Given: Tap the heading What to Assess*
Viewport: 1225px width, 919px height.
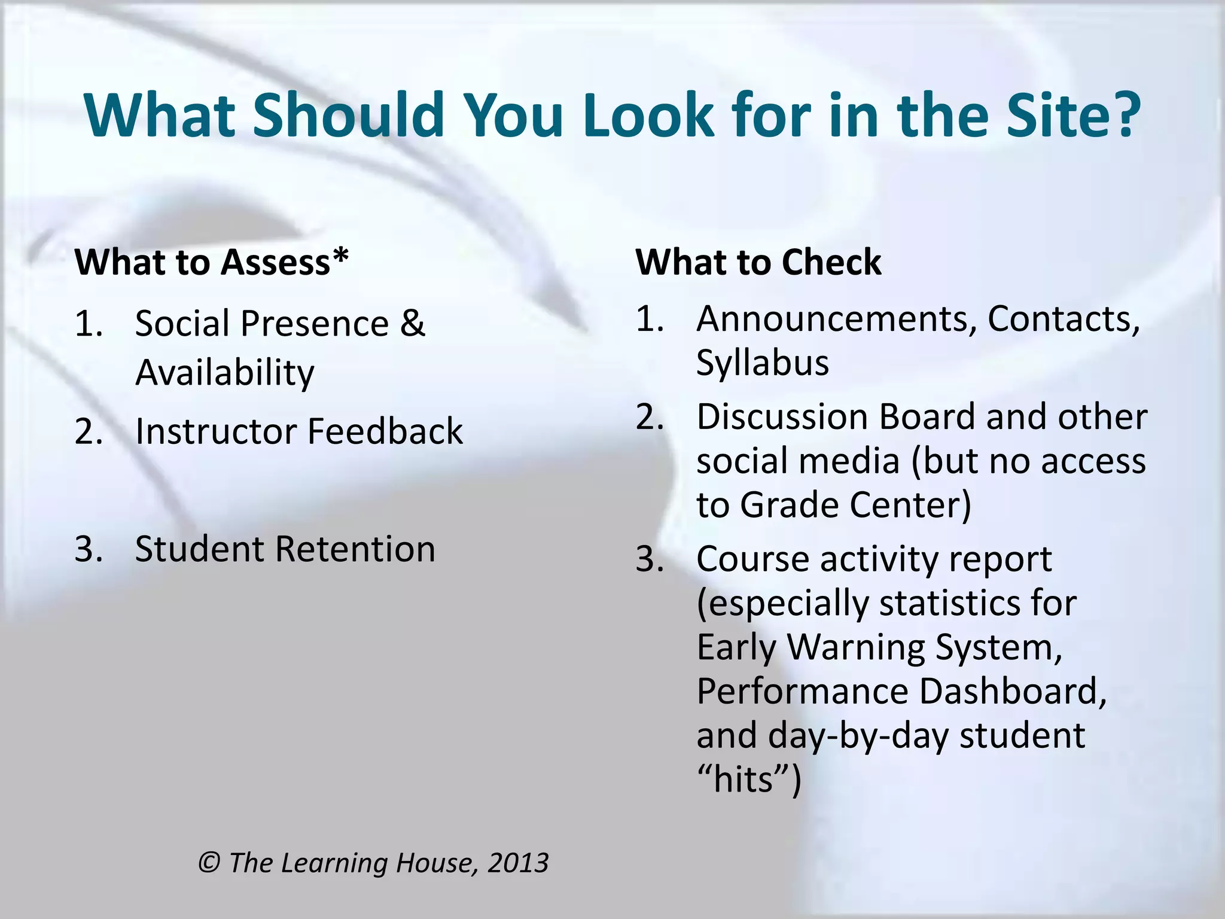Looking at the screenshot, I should click(211, 262).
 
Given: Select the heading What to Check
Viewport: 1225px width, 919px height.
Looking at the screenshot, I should click(758, 262).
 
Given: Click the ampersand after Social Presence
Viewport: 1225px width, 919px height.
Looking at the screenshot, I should click(412, 324).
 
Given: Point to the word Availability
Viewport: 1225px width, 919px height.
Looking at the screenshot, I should click(224, 373).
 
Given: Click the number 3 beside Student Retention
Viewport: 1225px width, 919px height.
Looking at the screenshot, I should click(87, 549).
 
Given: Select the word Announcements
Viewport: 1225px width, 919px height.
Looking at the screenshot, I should click(832, 318).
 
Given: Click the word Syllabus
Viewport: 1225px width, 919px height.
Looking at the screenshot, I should click(762, 363).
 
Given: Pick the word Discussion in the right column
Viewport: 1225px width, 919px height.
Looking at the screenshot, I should click(782, 416).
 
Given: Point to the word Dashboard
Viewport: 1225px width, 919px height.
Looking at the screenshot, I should click(1012, 691).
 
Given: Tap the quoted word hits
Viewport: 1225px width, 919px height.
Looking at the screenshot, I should click(743, 780).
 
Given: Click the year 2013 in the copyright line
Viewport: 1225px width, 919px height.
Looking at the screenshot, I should click(518, 863).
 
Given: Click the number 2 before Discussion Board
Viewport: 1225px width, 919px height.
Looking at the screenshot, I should click(649, 417).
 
